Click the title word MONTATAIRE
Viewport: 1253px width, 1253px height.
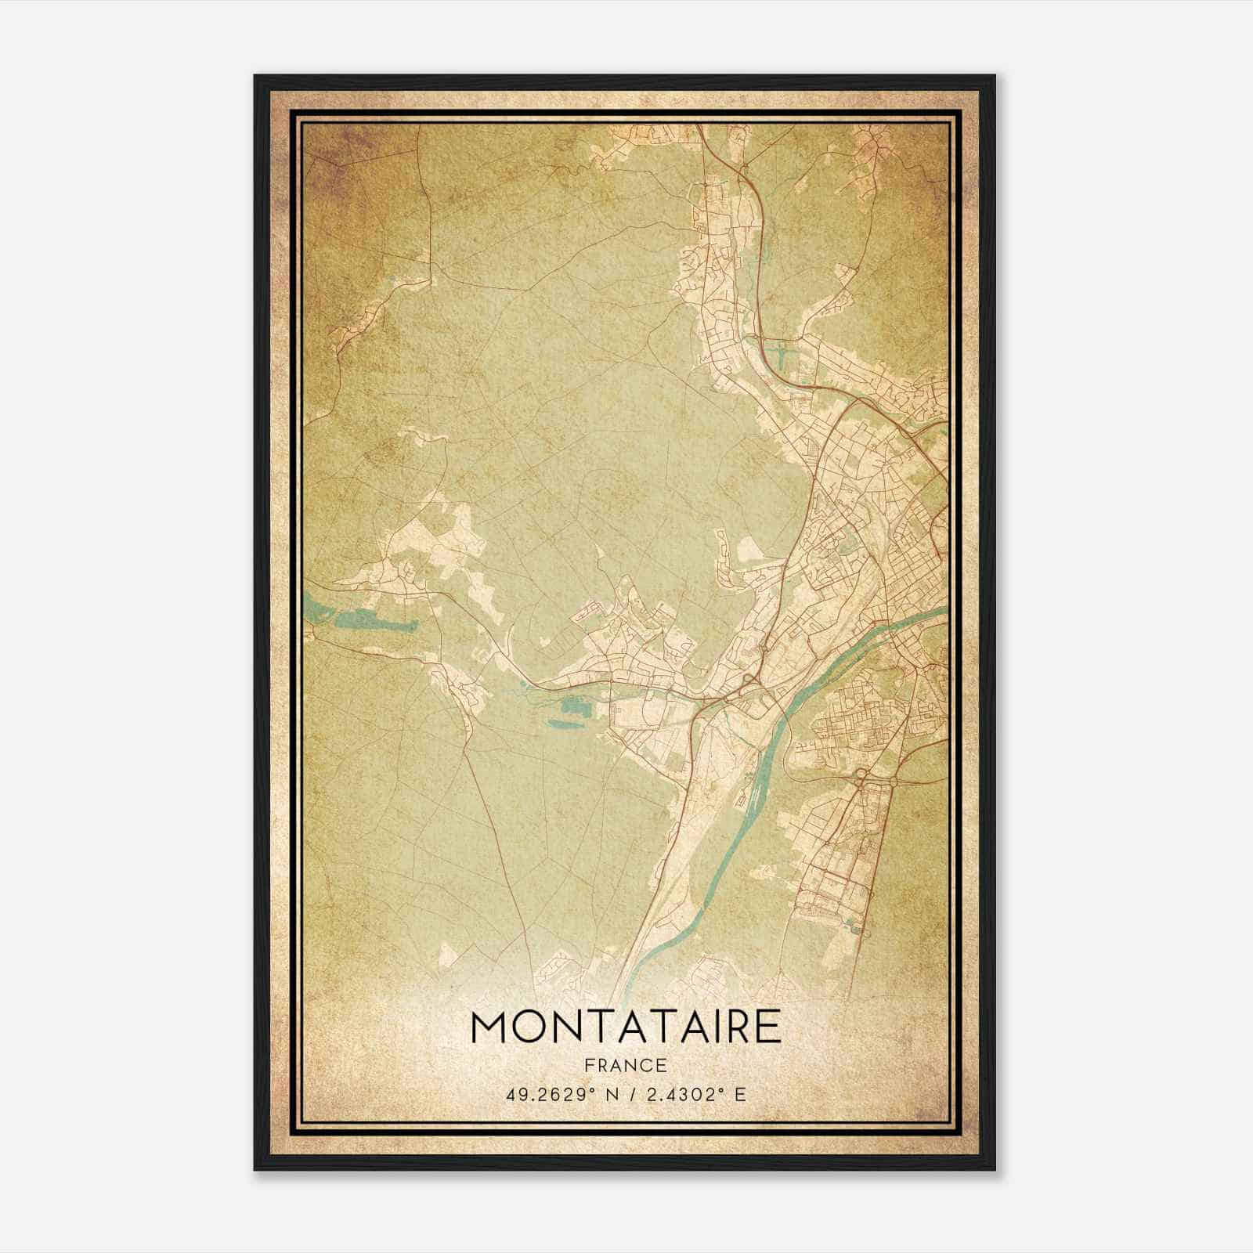pos(626,1027)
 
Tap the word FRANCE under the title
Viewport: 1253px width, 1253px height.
pos(626,1065)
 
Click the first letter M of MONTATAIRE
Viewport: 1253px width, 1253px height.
pos(489,1027)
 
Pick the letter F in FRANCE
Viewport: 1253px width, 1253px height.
pos(590,1065)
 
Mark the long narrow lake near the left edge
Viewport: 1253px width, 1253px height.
pos(356,621)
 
